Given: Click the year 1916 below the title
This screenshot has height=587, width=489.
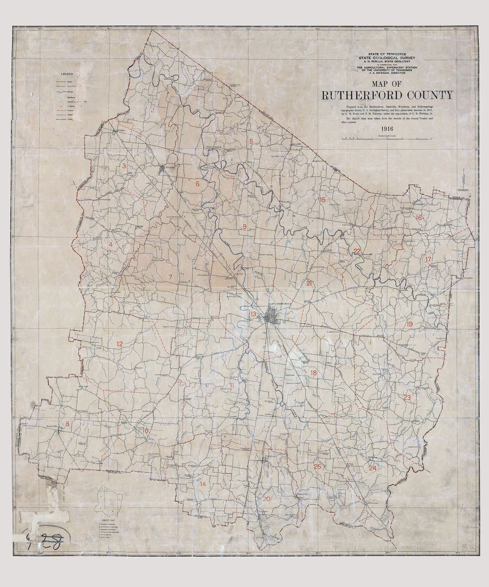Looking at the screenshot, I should pyautogui.click(x=386, y=129).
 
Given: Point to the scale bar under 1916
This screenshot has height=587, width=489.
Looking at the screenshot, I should pyautogui.click(x=386, y=138).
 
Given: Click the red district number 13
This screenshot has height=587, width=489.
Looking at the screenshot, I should pyautogui.click(x=253, y=314).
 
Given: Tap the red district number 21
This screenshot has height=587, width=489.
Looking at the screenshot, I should pyautogui.click(x=309, y=283).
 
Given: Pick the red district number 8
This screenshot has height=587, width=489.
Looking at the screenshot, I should pyautogui.click(x=68, y=423).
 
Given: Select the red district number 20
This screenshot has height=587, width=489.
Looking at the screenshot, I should pyautogui.click(x=266, y=499).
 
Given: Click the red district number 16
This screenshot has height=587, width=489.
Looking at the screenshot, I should pyautogui.click(x=419, y=218).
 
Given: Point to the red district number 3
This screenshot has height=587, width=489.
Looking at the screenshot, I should pyautogui.click(x=124, y=166).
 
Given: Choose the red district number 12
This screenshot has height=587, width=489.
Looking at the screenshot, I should pyautogui.click(x=120, y=344).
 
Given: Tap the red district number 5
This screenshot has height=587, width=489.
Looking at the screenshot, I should pyautogui.click(x=251, y=141).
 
